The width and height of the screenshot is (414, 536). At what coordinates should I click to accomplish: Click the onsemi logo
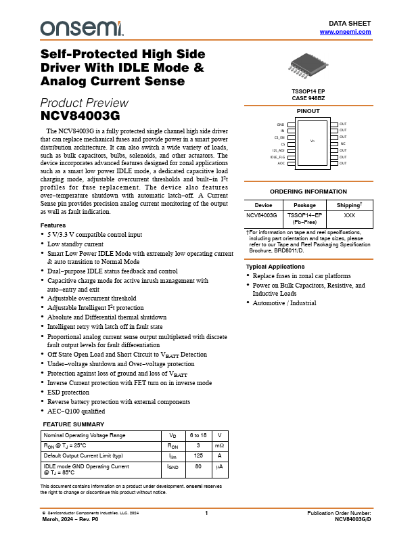point(82,28)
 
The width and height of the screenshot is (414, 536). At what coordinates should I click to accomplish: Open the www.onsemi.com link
point(345,32)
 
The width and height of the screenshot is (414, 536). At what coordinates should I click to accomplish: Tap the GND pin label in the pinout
point(281,125)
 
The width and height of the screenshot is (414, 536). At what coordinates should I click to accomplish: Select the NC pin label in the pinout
point(343,144)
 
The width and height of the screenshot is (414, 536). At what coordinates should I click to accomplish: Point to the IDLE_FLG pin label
point(277,157)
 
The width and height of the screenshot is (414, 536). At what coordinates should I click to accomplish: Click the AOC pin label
point(281,164)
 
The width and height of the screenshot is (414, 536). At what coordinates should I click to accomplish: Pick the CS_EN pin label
point(279,138)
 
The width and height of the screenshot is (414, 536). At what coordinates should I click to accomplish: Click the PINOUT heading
point(308,111)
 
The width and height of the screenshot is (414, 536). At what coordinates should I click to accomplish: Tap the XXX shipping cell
point(349,215)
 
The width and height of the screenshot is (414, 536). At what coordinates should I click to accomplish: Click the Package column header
point(305,204)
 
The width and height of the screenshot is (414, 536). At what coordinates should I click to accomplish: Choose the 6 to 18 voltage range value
point(199,434)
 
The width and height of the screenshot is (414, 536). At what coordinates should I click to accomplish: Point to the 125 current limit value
point(199,456)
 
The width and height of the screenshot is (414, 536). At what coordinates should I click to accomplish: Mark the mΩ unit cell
point(219,445)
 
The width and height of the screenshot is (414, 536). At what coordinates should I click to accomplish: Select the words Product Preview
point(84,103)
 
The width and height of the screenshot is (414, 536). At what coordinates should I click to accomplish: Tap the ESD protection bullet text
point(68,392)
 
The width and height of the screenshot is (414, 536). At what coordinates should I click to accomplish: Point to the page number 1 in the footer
point(206,514)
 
